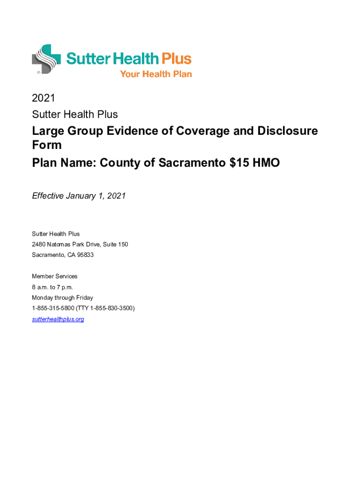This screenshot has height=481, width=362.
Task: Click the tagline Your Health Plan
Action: [x=156, y=74]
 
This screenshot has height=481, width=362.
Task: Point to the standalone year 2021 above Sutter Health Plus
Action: [x=43, y=98]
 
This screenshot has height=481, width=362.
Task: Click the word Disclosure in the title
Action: [x=287, y=131]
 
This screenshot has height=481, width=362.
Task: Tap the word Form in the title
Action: [x=47, y=145]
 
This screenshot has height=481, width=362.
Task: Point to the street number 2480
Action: [x=39, y=244]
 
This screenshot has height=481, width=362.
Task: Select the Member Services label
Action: [x=55, y=276]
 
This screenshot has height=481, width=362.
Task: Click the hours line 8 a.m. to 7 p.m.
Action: [x=52, y=287]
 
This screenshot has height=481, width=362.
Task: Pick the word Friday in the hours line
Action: [x=83, y=298]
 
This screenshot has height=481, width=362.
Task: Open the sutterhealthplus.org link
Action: [x=58, y=319]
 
